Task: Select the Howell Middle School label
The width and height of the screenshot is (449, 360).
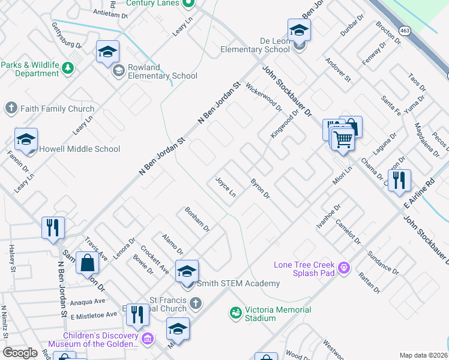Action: click(80, 149)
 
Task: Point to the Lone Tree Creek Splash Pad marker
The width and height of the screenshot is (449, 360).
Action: click(343, 267)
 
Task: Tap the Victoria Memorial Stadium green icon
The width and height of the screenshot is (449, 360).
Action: click(236, 313)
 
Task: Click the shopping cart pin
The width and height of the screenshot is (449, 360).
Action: click(343, 139)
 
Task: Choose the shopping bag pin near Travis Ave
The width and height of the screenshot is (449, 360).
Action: click(88, 262)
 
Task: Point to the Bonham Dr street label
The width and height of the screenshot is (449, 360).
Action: click(197, 219)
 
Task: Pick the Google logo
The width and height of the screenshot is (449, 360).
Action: click(20, 352)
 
